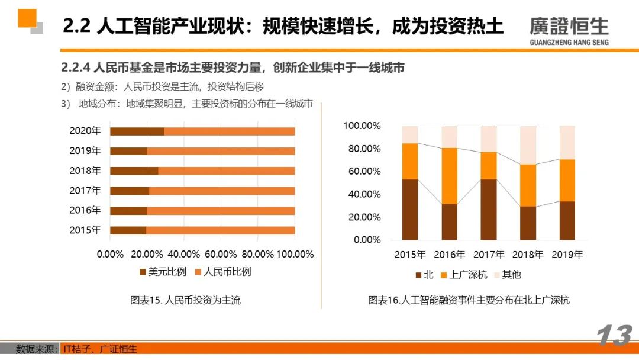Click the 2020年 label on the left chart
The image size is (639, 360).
coord(85,131)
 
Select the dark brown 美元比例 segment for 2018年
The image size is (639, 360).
coord(134,171)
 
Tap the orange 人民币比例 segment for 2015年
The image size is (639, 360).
coord(220,230)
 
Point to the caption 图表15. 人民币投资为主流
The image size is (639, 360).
coord(185,300)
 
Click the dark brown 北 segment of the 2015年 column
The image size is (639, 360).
coord(409,210)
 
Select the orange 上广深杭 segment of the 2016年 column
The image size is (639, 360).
coord(449,176)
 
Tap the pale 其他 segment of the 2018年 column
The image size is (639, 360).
coord(528,145)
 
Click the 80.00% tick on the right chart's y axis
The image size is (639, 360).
coord(362,149)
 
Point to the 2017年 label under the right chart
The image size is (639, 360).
coord(488,255)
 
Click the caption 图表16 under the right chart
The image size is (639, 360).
coord(469,300)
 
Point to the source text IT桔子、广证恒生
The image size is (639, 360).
coord(100,349)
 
